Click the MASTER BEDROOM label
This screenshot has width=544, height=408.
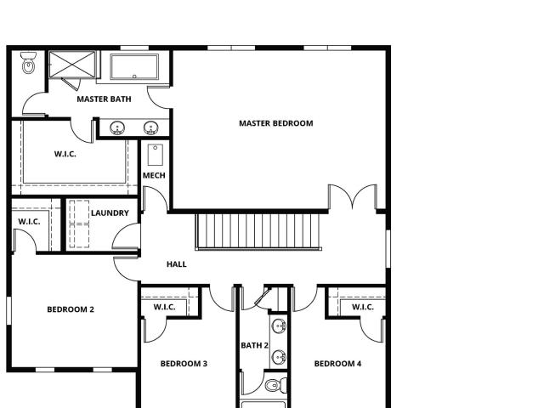coord(275,123)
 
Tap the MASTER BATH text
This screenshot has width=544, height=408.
coord(104,99)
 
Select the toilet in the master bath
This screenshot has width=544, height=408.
coord(28,63)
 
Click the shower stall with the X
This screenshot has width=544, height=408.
coord(72,65)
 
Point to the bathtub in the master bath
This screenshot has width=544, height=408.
coord(134,67)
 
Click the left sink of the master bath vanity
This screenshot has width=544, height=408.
coord(117,128)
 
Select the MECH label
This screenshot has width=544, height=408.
coord(154,176)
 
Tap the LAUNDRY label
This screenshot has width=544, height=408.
coord(110,213)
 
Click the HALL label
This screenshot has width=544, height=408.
coord(177,264)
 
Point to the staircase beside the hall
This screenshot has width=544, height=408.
coord(258,232)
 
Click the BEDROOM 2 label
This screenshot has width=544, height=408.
coord(71,309)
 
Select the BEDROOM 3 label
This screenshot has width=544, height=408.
coord(184,364)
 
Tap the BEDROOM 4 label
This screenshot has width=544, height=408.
coord(337,364)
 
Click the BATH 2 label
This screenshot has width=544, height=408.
coord(255,346)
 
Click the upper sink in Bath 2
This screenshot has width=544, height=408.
coord(279,326)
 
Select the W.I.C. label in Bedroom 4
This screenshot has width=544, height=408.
coord(363,307)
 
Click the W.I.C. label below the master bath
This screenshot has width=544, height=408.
coord(65,154)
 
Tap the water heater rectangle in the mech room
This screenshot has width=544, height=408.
coord(155,155)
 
